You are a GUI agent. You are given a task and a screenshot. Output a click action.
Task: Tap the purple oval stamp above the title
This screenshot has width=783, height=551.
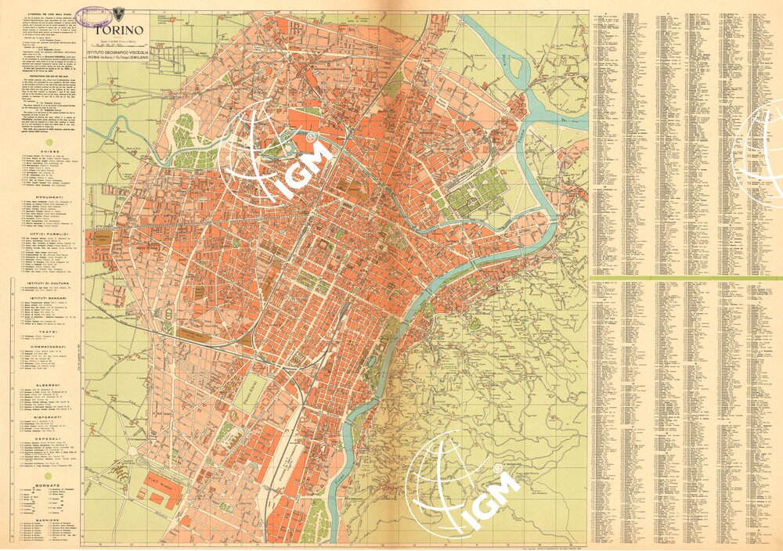(x=96, y=12)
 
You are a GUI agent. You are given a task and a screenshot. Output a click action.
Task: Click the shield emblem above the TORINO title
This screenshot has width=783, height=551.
(x=119, y=12)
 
